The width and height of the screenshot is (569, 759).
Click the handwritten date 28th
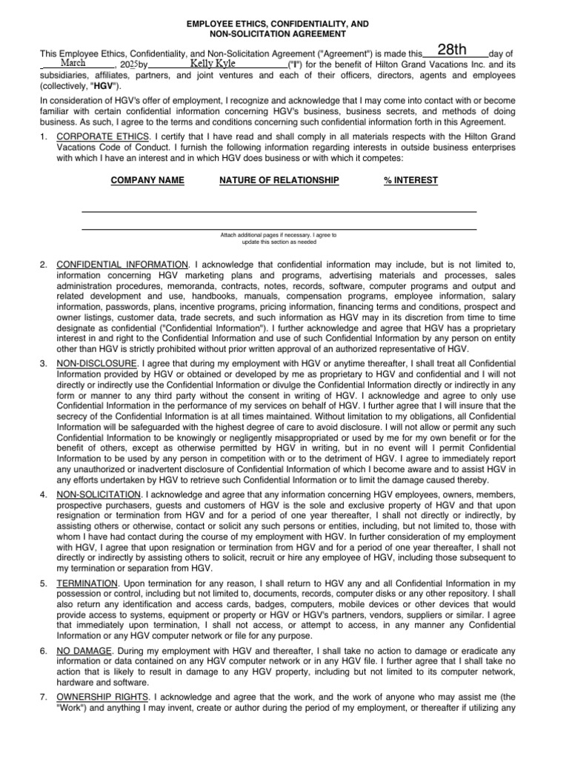(451, 50)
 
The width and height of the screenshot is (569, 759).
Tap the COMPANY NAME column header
(147, 180)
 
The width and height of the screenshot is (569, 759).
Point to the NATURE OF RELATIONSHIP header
(279, 180)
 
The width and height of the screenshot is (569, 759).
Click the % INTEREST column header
(410, 180)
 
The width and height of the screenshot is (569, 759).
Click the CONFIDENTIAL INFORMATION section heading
(122, 264)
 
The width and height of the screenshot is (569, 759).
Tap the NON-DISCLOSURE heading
(96, 364)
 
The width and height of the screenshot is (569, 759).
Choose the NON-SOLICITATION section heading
(99, 493)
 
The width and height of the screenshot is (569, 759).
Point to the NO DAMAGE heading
(84, 650)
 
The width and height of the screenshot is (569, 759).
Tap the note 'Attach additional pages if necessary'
(278, 236)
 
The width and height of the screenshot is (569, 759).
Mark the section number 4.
(44, 493)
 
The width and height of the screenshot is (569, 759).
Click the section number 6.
(44, 650)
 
